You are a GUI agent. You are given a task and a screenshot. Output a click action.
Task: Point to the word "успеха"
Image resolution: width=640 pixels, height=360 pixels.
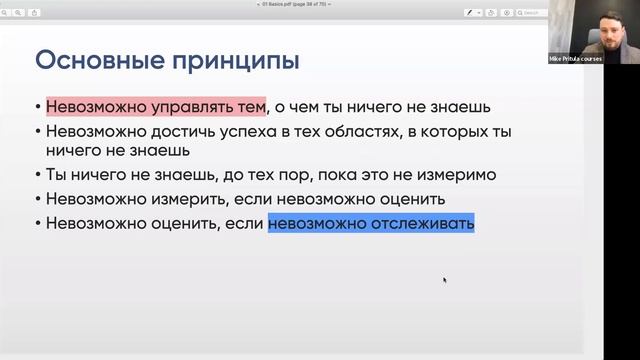pyautogui.click(x=252, y=131)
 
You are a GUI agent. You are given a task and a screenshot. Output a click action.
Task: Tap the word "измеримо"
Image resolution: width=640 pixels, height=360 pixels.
pyautogui.click(x=455, y=175)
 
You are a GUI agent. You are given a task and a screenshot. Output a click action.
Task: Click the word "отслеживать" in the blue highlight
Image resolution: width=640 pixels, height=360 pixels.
pyautogui.click(x=418, y=223)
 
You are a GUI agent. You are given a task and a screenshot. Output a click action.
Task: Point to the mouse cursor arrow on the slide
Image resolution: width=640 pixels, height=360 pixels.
pyautogui.click(x=444, y=280)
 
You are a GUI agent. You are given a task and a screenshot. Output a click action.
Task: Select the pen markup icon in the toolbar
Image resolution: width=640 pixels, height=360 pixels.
pyautogui.click(x=468, y=13)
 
